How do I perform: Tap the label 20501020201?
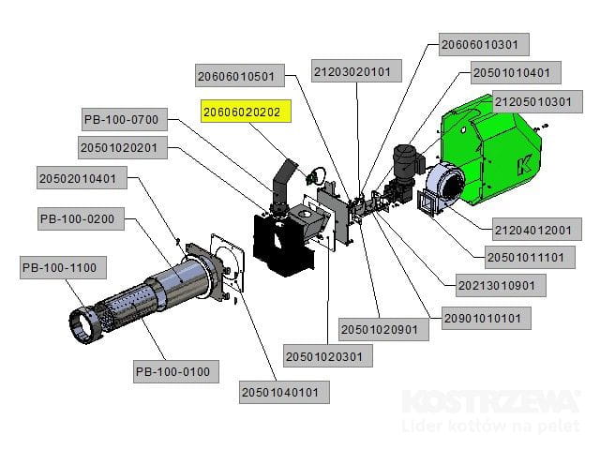point(124,147)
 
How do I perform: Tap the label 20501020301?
point(328,356)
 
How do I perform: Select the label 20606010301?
point(485,44)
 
